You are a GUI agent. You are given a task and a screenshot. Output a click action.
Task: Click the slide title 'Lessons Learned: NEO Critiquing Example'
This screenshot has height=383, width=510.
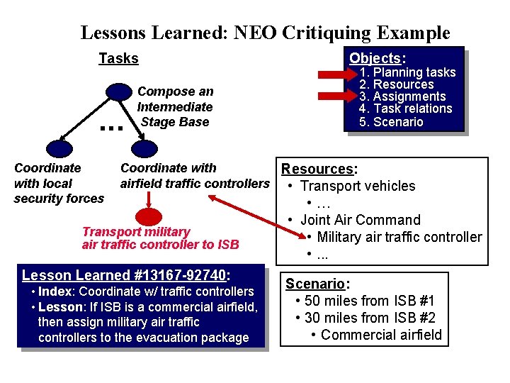pyautogui.click(x=265, y=33)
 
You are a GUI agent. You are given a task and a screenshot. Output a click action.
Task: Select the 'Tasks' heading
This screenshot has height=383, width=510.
pyautogui.click(x=118, y=58)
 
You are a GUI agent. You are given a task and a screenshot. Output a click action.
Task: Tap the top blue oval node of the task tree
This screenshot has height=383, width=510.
pyautogui.click(x=117, y=91)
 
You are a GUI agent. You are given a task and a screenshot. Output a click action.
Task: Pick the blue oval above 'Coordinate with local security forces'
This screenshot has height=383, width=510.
pyautogui.click(x=55, y=149)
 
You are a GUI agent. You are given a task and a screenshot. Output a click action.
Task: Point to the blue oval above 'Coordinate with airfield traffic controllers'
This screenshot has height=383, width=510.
pyautogui.click(x=145, y=149)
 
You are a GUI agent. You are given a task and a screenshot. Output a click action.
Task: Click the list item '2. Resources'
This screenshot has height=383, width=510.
pyautogui.click(x=396, y=84)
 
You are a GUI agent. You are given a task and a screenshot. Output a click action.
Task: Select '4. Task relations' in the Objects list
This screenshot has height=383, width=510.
pyautogui.click(x=405, y=109)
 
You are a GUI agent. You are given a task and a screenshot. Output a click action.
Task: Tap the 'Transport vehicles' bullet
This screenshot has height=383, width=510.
pyautogui.click(x=358, y=186)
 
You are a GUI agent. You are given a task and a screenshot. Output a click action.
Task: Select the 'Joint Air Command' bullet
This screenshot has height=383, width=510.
pyautogui.click(x=360, y=220)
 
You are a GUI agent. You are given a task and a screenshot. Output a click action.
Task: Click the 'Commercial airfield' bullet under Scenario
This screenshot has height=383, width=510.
pyautogui.click(x=381, y=335)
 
